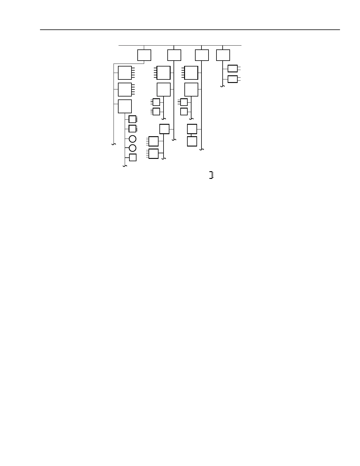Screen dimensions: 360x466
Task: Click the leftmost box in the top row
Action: (144, 55)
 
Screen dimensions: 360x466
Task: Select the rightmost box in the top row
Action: (223, 55)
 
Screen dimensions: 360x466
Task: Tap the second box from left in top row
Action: (174, 55)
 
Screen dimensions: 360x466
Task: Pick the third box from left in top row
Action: (202, 55)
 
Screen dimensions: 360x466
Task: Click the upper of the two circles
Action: (133, 139)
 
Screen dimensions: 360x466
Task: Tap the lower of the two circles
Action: (133, 148)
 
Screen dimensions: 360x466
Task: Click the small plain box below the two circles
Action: (133, 157)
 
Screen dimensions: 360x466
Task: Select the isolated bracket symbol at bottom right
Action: (211, 175)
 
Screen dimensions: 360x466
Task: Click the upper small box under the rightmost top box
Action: (232, 69)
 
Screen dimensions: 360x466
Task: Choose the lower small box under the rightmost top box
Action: (232, 79)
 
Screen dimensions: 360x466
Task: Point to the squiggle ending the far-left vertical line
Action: (114, 144)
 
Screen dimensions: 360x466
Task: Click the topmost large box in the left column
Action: (125, 73)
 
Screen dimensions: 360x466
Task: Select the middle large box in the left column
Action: (125, 89)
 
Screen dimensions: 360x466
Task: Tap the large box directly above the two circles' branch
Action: (125, 106)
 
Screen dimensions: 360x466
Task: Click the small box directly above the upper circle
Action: (132, 129)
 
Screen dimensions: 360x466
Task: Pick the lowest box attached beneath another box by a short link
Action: (192, 141)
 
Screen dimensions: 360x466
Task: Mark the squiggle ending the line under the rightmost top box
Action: (223, 86)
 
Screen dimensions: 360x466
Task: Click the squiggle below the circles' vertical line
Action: (125, 166)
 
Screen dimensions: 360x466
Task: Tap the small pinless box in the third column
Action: (184, 111)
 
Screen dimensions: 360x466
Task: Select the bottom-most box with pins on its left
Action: (154, 154)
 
